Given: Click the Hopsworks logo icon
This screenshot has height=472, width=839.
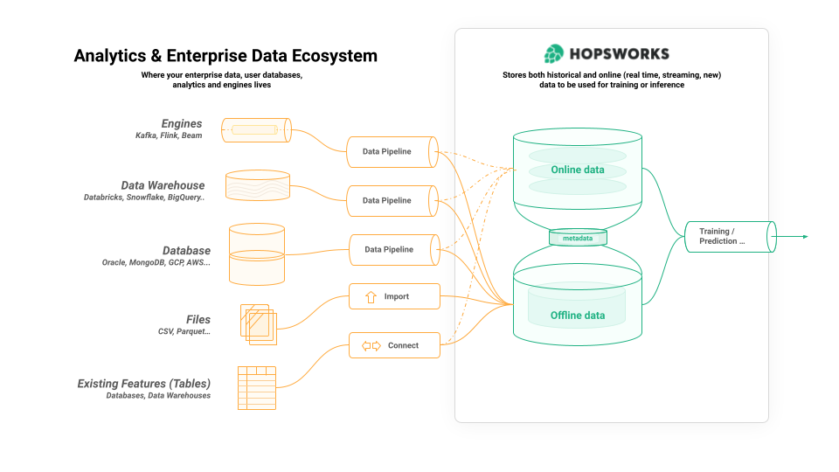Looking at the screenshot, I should tap(553, 54).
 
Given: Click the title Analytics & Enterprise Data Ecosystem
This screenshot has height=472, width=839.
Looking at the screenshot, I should tap(225, 56).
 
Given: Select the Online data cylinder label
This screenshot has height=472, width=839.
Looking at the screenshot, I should tap(577, 170).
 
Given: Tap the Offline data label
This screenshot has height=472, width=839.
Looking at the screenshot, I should tap(577, 316).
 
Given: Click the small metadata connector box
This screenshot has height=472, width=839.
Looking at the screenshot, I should tap(577, 238).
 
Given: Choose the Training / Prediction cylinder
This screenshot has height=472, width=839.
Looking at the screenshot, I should tap(729, 236).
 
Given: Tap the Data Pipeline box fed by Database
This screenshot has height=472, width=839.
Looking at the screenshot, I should tap(392, 249).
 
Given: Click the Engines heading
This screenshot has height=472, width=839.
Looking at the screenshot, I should tap(181, 124).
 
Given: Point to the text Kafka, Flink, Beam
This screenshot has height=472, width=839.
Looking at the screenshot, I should tap(168, 136).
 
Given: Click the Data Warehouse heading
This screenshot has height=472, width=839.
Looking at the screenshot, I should tap(163, 185).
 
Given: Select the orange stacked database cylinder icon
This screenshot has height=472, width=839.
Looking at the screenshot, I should tap(256, 254).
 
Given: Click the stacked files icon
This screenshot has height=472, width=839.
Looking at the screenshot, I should tap(258, 324).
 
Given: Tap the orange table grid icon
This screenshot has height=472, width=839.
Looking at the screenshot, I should tap(257, 388).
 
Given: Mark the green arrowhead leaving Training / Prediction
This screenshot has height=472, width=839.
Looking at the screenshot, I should tap(805, 236).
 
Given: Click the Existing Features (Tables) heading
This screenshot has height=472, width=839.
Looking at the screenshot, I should tap(143, 383).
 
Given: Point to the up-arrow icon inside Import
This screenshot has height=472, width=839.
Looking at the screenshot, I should tap(370, 297).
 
